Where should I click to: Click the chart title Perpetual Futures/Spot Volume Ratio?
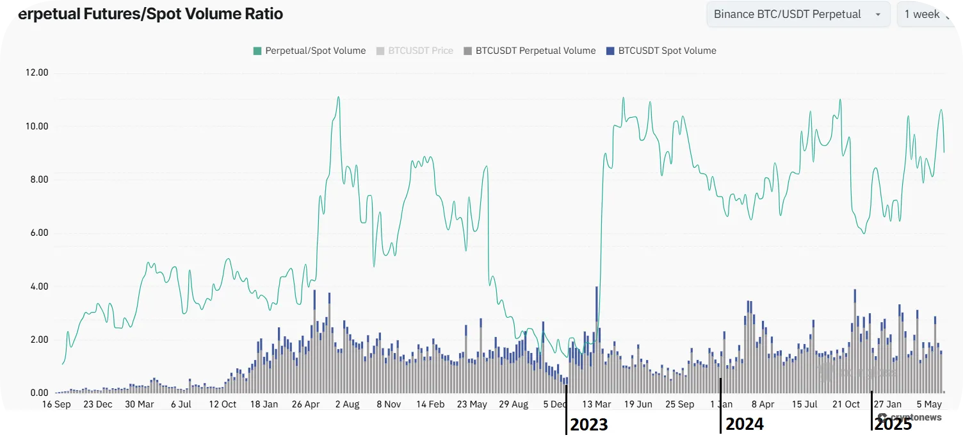coord(147,14)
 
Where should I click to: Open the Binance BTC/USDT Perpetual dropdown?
coord(797,14)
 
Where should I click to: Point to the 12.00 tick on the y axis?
coord(36,73)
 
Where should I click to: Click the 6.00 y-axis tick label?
coord(36,233)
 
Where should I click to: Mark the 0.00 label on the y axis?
coord(36,393)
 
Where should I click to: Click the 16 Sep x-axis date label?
coord(56,404)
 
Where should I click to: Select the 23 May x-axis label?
coord(472,404)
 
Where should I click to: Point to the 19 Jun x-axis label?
coord(638,404)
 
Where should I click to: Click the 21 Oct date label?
coord(846,404)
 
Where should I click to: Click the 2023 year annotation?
coord(588,424)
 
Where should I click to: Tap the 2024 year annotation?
coord(745,424)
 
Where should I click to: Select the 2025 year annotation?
coord(893,424)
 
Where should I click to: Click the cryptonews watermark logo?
coord(915,418)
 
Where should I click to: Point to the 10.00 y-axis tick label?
coord(36,126)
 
